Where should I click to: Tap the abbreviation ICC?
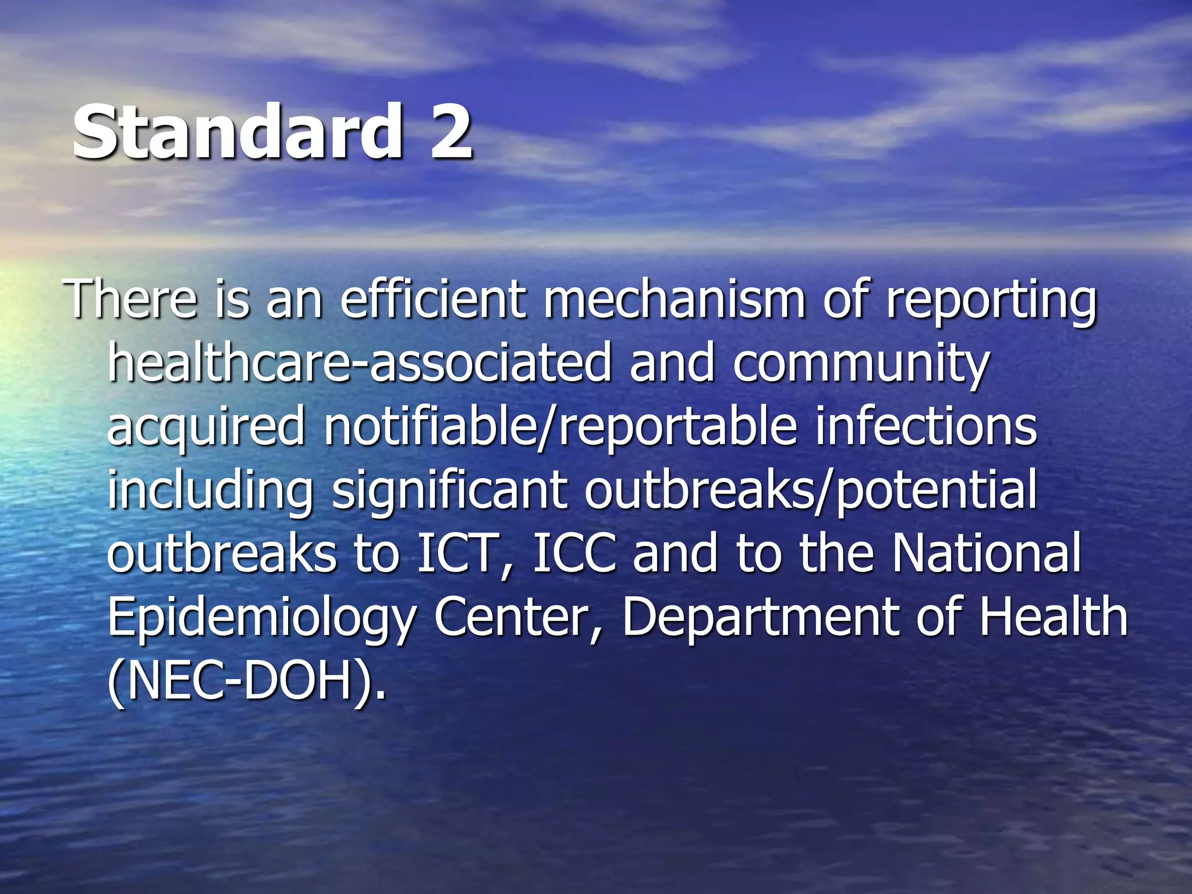click(x=574, y=553)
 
